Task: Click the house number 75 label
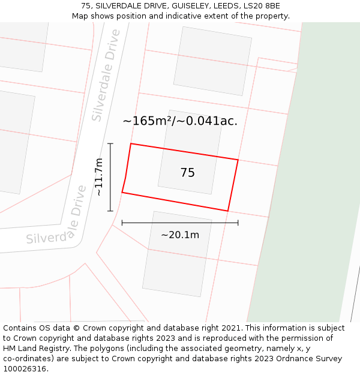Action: [187, 173]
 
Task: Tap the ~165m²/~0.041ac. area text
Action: [180, 121]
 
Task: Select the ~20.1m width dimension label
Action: [180, 235]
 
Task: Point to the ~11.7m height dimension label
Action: [99, 177]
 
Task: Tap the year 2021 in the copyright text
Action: [230, 328]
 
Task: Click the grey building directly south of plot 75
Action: [177, 253]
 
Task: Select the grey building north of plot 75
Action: [212, 61]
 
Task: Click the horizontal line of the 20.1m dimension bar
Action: [180, 223]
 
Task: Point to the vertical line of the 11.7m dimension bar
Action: [110, 177]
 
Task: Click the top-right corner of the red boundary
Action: [238, 160]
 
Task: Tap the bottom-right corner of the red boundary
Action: [227, 211]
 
